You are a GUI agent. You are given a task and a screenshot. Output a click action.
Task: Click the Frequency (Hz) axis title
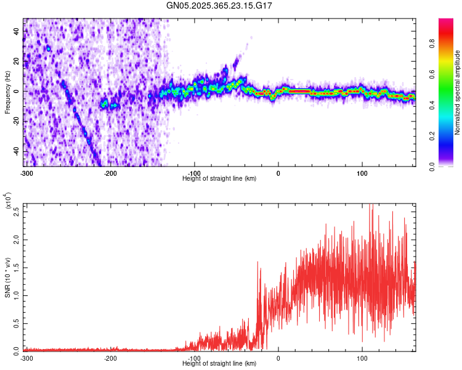8,92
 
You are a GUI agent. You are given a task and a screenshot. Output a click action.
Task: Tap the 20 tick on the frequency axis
17,61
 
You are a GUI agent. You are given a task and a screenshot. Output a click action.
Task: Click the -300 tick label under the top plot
26,173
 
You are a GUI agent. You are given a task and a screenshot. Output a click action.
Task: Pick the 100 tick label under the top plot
362,173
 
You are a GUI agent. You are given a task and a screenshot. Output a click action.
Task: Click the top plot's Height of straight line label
219,178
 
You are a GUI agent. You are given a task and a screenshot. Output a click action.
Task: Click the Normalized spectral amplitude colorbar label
458,92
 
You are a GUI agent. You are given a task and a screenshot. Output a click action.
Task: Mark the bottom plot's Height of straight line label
219,363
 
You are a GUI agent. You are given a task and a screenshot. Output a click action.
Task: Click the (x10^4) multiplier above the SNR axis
9,200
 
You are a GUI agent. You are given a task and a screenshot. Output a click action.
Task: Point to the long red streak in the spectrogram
300,91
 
